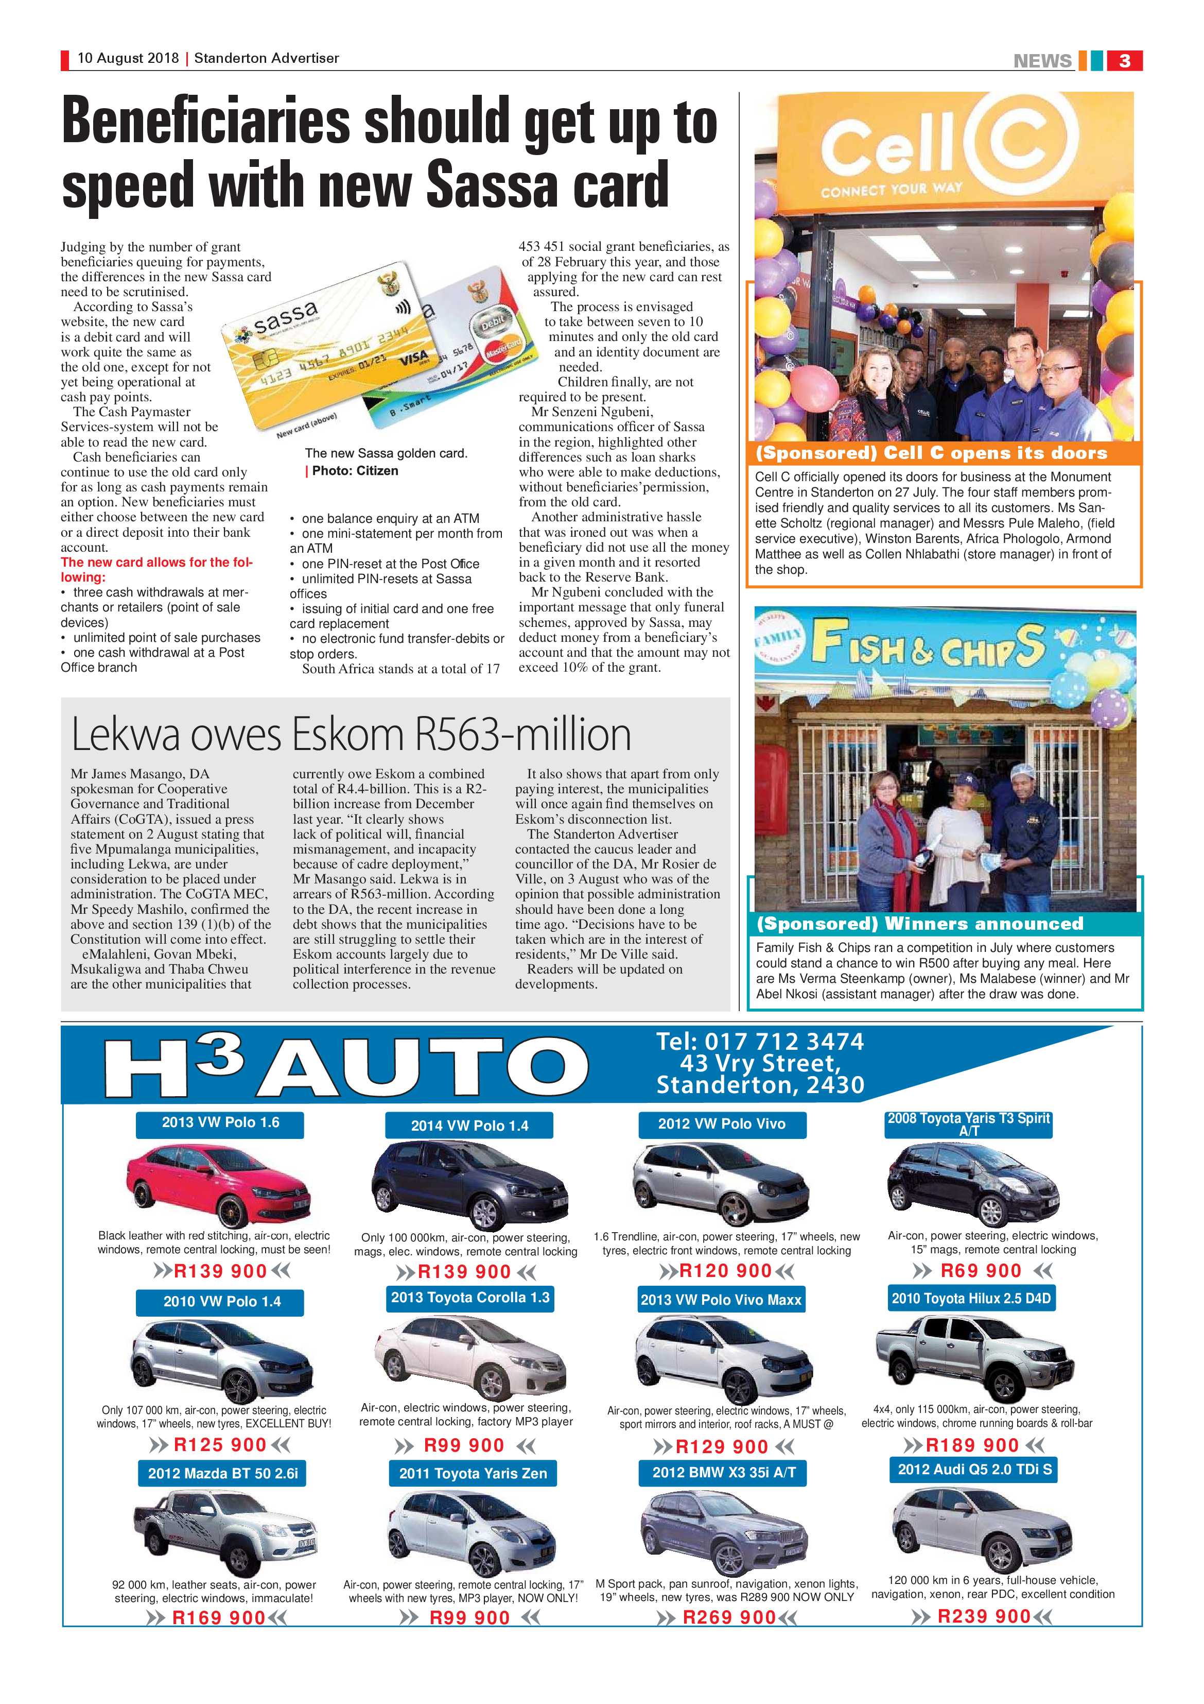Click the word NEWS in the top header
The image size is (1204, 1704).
[x=1042, y=61]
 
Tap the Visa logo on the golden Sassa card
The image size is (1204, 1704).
[x=413, y=361]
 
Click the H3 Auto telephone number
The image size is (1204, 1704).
[x=760, y=1041]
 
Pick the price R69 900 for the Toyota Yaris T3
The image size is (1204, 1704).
[x=981, y=1271]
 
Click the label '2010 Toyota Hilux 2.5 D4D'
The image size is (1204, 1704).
[x=971, y=1298]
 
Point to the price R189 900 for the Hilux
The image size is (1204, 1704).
[x=972, y=1445]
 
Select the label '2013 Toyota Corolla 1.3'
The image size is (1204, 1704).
[x=470, y=1297]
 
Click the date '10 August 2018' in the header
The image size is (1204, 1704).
[x=128, y=58]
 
